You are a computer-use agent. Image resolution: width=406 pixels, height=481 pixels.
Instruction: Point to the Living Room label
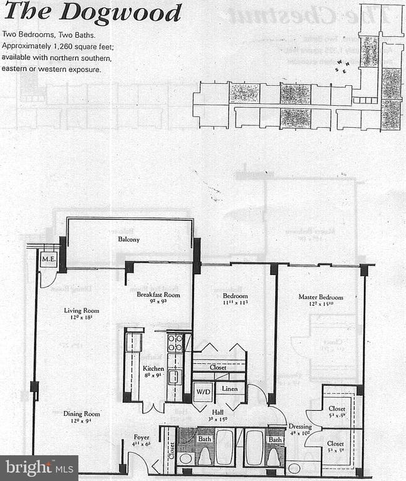(x=81, y=310)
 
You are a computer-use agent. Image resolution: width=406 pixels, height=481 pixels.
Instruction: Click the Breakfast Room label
(x=159, y=294)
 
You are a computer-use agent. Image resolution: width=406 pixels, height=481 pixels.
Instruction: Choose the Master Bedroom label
(x=320, y=297)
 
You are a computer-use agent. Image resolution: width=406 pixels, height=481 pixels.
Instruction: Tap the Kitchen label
(x=153, y=368)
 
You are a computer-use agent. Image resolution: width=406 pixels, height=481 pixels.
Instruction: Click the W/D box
(x=203, y=392)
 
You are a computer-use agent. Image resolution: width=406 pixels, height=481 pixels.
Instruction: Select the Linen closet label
(x=230, y=389)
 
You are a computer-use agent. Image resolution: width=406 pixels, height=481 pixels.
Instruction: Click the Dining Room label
(x=81, y=413)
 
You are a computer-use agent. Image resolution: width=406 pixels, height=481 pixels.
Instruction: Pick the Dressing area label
(x=300, y=427)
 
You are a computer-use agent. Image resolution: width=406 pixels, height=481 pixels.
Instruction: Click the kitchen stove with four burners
(x=175, y=342)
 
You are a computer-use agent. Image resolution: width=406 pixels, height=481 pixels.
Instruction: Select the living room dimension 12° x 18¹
(x=81, y=318)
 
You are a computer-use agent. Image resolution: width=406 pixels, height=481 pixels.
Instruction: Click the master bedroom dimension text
(x=320, y=306)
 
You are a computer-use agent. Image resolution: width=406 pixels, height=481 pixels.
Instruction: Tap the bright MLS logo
(x=39, y=467)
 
